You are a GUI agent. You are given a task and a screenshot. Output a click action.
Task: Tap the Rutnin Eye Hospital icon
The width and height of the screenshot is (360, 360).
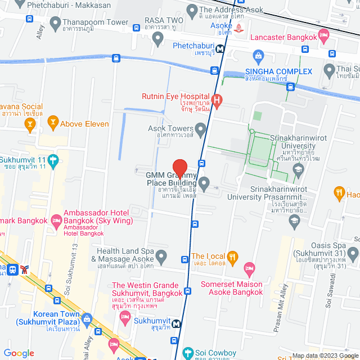217,100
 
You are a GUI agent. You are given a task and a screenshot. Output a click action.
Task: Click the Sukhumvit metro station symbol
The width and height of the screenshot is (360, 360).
177,323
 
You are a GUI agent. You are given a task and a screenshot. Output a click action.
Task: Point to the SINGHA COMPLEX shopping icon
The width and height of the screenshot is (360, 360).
258,56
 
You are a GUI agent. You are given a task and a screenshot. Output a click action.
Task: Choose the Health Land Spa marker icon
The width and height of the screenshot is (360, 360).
161,258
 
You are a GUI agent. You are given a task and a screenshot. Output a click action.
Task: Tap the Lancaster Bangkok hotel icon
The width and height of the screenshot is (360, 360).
323,35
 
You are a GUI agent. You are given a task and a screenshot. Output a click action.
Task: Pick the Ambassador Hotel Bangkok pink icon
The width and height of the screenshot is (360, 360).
56,219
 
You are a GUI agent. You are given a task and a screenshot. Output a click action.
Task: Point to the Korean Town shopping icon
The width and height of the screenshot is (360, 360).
87,319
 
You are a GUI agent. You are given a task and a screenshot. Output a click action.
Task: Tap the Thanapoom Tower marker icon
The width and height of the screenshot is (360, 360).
55,23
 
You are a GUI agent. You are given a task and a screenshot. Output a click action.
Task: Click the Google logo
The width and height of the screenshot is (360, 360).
19,353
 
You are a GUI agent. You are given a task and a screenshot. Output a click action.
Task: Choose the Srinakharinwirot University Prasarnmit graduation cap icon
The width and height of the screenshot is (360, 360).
294,221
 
